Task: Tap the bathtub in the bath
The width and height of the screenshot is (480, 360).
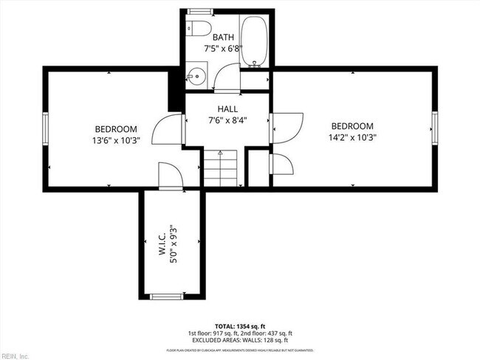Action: point(253,41)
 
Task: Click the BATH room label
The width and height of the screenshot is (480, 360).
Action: point(224,37)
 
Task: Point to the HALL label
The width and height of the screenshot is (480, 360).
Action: point(227,108)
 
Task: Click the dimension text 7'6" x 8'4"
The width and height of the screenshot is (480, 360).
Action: point(227,120)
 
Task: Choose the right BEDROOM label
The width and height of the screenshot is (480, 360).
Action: point(352,126)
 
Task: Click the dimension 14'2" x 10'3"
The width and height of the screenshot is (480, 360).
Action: point(352,137)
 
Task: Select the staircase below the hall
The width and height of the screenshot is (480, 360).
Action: point(222,169)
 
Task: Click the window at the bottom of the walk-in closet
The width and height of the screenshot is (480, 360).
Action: point(167,297)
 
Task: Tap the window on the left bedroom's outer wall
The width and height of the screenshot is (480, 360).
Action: point(45,128)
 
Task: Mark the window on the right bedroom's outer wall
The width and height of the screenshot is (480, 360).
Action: point(435,128)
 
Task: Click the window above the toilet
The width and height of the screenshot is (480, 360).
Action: point(197,11)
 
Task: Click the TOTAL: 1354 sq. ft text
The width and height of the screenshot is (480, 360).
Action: point(240,325)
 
